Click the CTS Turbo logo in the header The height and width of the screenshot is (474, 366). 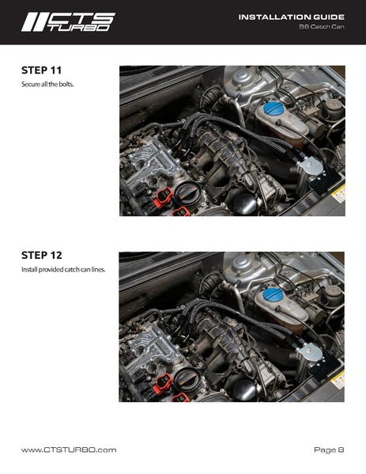point(68,22)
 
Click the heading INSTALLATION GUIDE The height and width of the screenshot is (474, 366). point(291,17)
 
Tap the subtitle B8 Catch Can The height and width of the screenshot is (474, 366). point(322,27)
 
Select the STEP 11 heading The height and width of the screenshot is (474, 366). point(41,70)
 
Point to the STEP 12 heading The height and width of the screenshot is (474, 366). point(42,255)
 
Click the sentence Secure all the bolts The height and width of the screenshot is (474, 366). point(47,84)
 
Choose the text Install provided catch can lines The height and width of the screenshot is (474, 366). point(63,269)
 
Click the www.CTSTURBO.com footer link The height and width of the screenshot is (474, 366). point(69,449)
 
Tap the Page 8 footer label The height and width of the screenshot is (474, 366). point(329,449)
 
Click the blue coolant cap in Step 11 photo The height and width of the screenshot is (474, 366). point(274,108)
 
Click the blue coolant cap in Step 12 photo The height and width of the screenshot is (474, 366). point(273,294)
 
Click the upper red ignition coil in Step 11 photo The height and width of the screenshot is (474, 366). point(164,197)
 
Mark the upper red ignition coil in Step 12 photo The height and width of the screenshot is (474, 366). point(164,383)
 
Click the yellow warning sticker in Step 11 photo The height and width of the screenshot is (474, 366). point(338,194)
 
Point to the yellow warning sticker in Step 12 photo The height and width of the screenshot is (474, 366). point(338,379)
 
